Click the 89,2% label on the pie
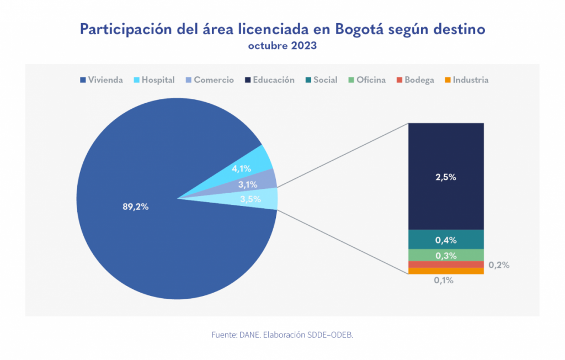135,207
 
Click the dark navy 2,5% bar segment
446,176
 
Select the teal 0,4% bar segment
446,240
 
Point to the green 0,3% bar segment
446,255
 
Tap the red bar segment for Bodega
446,264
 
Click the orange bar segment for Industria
446,271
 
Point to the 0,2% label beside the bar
499,265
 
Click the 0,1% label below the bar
444,280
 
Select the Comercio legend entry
210,80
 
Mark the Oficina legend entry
367,80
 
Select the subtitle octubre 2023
282,46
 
